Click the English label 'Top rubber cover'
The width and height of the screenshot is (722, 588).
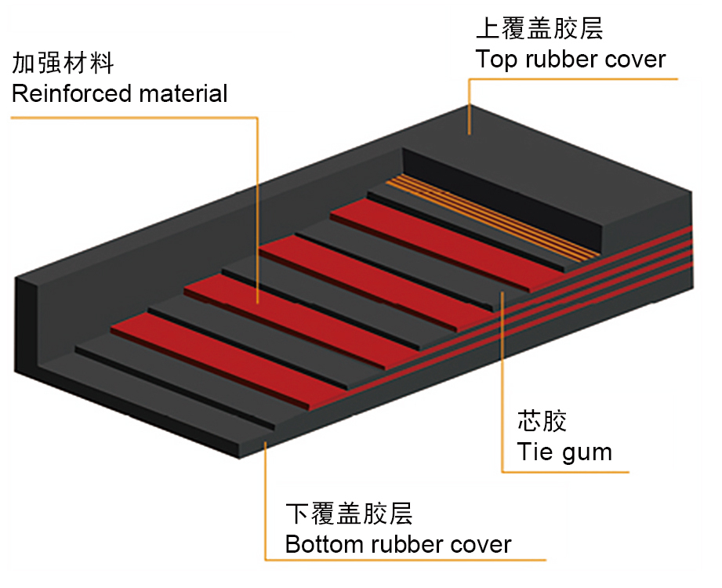(x=570, y=60)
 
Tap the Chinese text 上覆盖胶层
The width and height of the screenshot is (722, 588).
(x=539, y=30)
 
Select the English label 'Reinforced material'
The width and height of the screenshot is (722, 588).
(x=119, y=94)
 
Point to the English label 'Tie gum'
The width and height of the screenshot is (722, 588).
(x=564, y=452)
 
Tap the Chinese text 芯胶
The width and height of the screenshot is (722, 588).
(x=541, y=421)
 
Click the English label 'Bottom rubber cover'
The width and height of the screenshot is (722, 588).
(x=397, y=544)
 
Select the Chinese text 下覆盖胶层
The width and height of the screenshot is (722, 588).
(x=348, y=514)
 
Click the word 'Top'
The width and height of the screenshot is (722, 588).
(x=493, y=60)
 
